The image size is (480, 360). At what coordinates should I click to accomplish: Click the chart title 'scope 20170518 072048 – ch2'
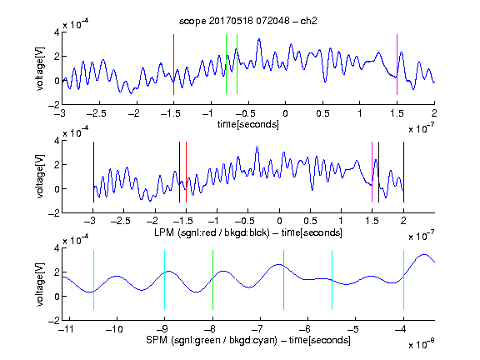248,21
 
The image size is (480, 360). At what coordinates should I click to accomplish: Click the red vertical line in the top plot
173,65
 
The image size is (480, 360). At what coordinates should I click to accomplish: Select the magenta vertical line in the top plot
397,65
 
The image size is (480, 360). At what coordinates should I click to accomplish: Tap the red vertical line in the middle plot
186,172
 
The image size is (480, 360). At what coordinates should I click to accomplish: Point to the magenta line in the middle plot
372,172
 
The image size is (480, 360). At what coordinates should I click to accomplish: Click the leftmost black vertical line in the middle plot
93,172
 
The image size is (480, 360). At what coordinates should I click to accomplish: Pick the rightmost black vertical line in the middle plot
403,172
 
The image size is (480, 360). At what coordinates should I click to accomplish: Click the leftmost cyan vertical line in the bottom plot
93,280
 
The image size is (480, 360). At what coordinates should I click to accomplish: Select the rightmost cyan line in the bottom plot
403,280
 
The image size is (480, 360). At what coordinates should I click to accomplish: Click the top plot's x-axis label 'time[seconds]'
248,124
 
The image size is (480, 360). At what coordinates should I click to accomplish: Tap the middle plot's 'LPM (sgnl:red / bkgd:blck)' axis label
212,232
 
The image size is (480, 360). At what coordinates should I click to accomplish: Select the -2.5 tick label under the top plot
96,113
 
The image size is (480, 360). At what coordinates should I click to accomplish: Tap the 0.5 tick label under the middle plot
310,221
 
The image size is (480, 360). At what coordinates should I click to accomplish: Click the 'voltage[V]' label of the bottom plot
40,285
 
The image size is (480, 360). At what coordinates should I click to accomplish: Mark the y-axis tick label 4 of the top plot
57,32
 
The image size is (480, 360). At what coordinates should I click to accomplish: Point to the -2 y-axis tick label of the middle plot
54,213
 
